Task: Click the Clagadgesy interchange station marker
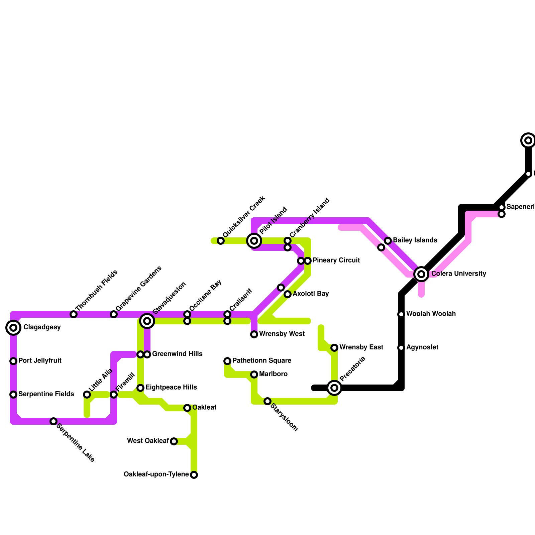[x=13, y=328]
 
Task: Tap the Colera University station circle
[x=421, y=274]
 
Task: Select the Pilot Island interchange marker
[x=254, y=240]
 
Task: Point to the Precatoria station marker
[x=334, y=388]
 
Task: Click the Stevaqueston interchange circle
[x=147, y=321]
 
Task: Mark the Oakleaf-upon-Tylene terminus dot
[x=194, y=475]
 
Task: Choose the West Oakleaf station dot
[x=174, y=441]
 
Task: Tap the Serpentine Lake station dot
[x=53, y=421]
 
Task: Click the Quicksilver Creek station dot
[x=221, y=241]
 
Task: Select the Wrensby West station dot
[x=254, y=334]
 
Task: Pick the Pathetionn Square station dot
[x=227, y=361]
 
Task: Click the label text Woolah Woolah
[x=431, y=314]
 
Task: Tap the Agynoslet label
[x=422, y=347]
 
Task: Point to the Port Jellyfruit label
[x=40, y=361]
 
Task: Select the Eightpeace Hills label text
[x=171, y=388]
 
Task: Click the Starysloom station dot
[x=267, y=401]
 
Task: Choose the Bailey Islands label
[x=415, y=240]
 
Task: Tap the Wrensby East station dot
[x=334, y=348]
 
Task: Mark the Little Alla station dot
[x=87, y=395]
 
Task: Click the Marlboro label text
[x=273, y=374]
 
